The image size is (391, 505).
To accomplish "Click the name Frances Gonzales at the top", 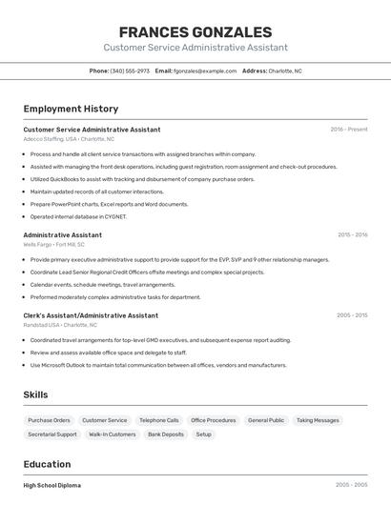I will (195, 31).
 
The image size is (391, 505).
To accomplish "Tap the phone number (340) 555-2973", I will (130, 71).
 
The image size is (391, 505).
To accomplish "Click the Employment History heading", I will (71, 109).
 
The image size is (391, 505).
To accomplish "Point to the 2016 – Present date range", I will (348, 130).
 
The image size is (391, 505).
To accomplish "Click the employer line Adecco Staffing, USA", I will (69, 139).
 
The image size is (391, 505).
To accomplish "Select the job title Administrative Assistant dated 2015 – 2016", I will (62, 234).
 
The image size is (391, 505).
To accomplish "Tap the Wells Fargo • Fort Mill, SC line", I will (53, 244).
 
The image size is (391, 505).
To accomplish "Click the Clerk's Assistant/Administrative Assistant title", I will (91, 315).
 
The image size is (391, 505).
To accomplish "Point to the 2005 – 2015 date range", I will (351, 315).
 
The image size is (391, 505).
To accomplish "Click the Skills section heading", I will (35, 394).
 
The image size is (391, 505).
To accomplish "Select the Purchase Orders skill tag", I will (49, 420).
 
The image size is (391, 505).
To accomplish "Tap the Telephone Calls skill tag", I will (158, 420).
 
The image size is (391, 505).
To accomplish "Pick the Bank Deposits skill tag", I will (166, 434).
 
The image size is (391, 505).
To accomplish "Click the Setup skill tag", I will (204, 434).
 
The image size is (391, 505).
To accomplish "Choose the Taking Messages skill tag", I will (318, 420).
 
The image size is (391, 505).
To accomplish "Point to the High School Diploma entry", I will (52, 485).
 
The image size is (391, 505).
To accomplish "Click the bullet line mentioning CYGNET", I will (78, 216).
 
